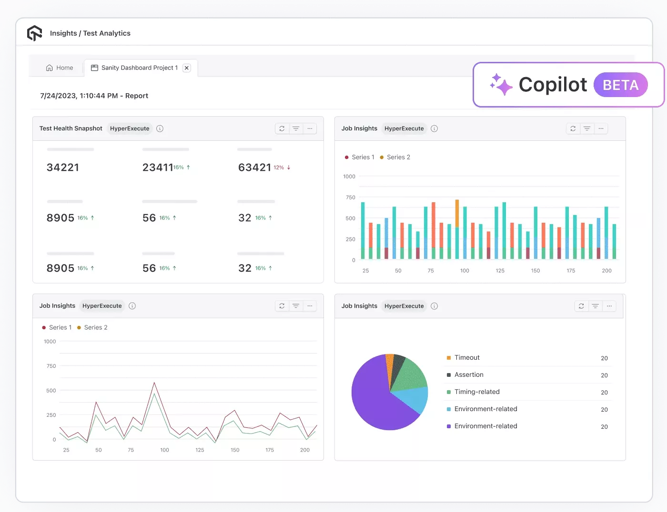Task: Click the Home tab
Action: (60, 68)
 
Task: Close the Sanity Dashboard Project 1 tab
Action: (187, 68)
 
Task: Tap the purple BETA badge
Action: (620, 85)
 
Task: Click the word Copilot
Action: (553, 85)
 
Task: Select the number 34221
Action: (63, 167)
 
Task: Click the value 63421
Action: (254, 167)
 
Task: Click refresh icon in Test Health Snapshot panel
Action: (282, 128)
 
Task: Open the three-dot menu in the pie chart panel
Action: (609, 306)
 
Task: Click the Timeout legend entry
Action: (466, 358)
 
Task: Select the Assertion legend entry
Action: (468, 375)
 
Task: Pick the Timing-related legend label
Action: (476, 392)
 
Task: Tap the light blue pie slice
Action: (412, 399)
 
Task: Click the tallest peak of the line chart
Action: (154, 383)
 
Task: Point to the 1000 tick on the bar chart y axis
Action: (349, 177)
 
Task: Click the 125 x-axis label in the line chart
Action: (200, 450)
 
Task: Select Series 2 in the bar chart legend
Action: (398, 158)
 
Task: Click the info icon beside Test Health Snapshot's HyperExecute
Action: (160, 128)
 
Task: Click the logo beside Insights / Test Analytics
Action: (35, 33)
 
